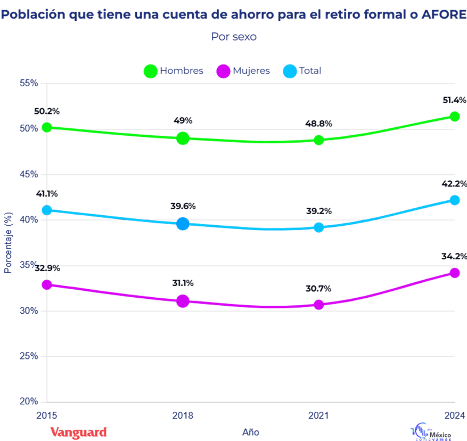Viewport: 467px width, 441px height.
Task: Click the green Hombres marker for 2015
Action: pos(47,127)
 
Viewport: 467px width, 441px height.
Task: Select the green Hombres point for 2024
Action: pos(454,117)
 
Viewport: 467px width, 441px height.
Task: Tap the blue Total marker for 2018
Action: pos(183,224)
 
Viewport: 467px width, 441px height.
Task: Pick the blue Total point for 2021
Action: pos(318,227)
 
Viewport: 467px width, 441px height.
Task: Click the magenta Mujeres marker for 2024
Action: pos(454,273)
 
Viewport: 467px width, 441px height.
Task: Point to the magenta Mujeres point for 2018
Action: pos(183,301)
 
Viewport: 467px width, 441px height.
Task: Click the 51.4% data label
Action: pos(454,100)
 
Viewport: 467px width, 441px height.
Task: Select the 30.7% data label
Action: pos(318,289)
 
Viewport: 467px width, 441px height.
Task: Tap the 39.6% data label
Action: pos(183,206)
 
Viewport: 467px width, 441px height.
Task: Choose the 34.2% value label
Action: pos(454,256)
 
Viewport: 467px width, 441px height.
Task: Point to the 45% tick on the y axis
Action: pos(29,174)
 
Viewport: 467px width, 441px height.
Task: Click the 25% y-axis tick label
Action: pos(29,356)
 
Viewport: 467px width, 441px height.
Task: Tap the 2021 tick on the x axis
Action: pos(318,415)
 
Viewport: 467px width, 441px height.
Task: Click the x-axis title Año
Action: pos(250,432)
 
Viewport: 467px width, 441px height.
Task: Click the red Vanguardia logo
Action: pos(79,431)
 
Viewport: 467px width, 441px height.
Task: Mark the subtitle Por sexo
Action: pos(234,37)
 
